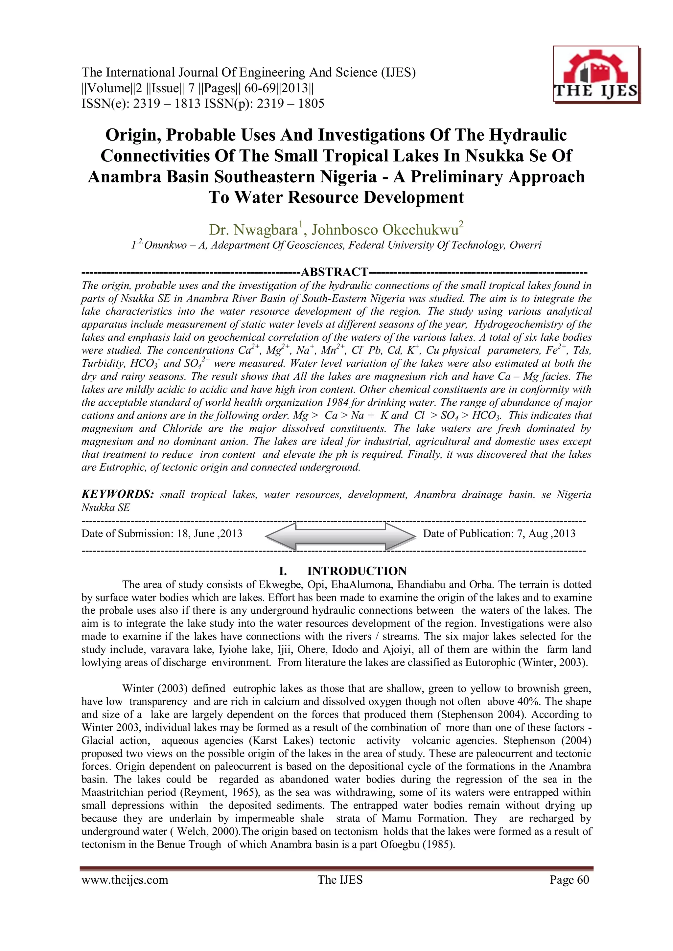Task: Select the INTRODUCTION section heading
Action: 357,571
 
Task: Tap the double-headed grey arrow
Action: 340,536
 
